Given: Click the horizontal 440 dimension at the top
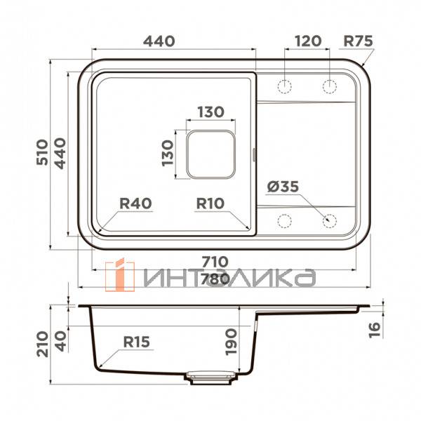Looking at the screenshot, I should pyautogui.click(x=159, y=41).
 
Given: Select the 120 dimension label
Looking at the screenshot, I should pyautogui.click(x=307, y=41).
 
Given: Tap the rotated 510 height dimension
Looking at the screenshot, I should pyautogui.click(x=41, y=152).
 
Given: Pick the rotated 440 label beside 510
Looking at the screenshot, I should pyautogui.click(x=60, y=152).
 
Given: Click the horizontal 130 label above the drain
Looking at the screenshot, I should pyautogui.click(x=209, y=112).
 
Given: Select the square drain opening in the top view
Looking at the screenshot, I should pyautogui.click(x=210, y=152).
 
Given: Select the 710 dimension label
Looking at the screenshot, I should pyautogui.click(x=213, y=262).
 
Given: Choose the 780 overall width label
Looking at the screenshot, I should pyautogui.click(x=213, y=279).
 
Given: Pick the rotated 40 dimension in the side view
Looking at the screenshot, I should pyautogui.click(x=60, y=339).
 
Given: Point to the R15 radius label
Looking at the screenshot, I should pyautogui.click(x=136, y=342).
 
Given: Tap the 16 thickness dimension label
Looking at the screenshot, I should pyautogui.click(x=374, y=327).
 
